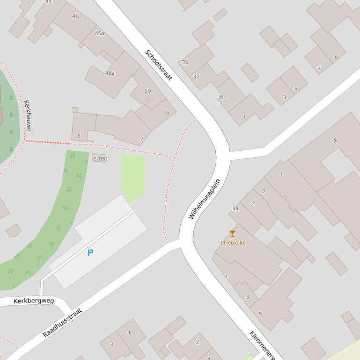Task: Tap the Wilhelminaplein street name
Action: point(205,199)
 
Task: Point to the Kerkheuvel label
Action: point(27,115)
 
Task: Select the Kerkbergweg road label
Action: point(34,301)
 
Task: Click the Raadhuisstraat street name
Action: point(62,323)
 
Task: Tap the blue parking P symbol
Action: point(90,252)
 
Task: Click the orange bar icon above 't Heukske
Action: point(232,234)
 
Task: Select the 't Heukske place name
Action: point(232,243)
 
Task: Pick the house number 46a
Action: point(99,33)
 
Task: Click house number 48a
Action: point(110,73)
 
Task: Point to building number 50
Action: point(148,91)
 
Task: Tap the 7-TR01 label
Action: point(102,159)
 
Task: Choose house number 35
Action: point(185,62)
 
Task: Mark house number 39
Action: point(221,97)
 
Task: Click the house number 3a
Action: point(235,209)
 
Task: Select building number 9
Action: point(336,58)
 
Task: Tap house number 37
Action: point(196,77)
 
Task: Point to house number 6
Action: point(79,136)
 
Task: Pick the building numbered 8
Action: point(168,114)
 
